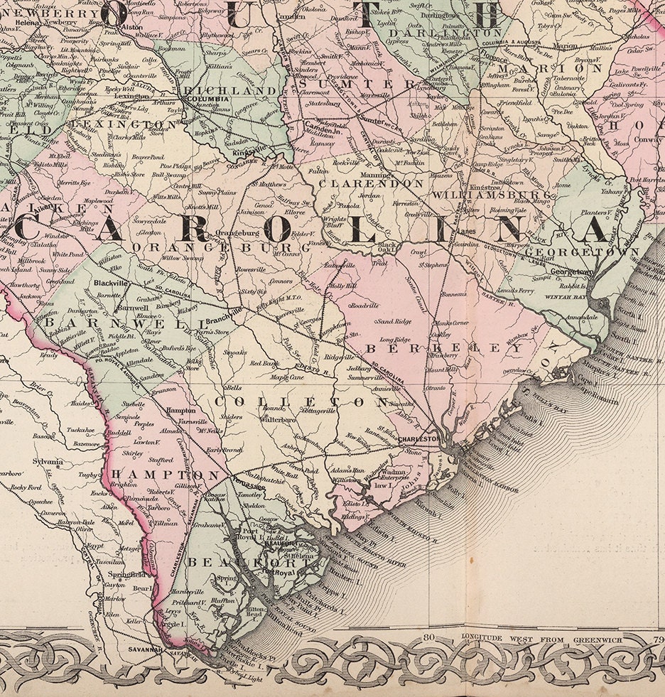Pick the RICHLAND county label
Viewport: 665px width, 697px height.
coord(232,91)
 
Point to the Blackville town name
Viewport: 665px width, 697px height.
coord(111,282)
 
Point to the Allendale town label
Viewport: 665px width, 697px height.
coord(139,362)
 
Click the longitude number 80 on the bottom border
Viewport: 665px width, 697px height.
coord(428,637)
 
